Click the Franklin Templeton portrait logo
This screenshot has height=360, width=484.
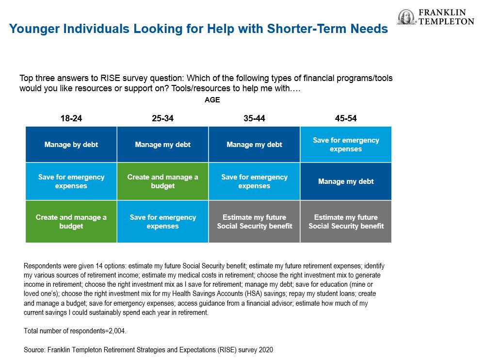click(x=407, y=16)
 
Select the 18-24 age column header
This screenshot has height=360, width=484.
click(x=71, y=118)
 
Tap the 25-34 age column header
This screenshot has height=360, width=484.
click(x=162, y=118)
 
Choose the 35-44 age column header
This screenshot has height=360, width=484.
click(x=254, y=118)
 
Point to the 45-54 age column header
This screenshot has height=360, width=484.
click(x=346, y=118)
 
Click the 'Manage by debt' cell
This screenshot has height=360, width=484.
click(x=71, y=144)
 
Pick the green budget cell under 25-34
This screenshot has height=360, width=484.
click(x=162, y=181)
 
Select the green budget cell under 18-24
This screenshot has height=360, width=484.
click(x=71, y=221)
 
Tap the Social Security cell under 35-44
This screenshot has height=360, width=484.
click(x=254, y=221)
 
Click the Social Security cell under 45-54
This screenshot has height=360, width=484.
click(x=346, y=221)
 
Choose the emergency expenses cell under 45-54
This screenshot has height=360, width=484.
click(x=346, y=144)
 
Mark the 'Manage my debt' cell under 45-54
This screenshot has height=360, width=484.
click(x=346, y=181)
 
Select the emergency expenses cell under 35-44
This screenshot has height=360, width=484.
click(x=254, y=181)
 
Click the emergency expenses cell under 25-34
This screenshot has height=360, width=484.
click(x=162, y=221)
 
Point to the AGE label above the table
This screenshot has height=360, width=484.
click(x=212, y=100)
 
